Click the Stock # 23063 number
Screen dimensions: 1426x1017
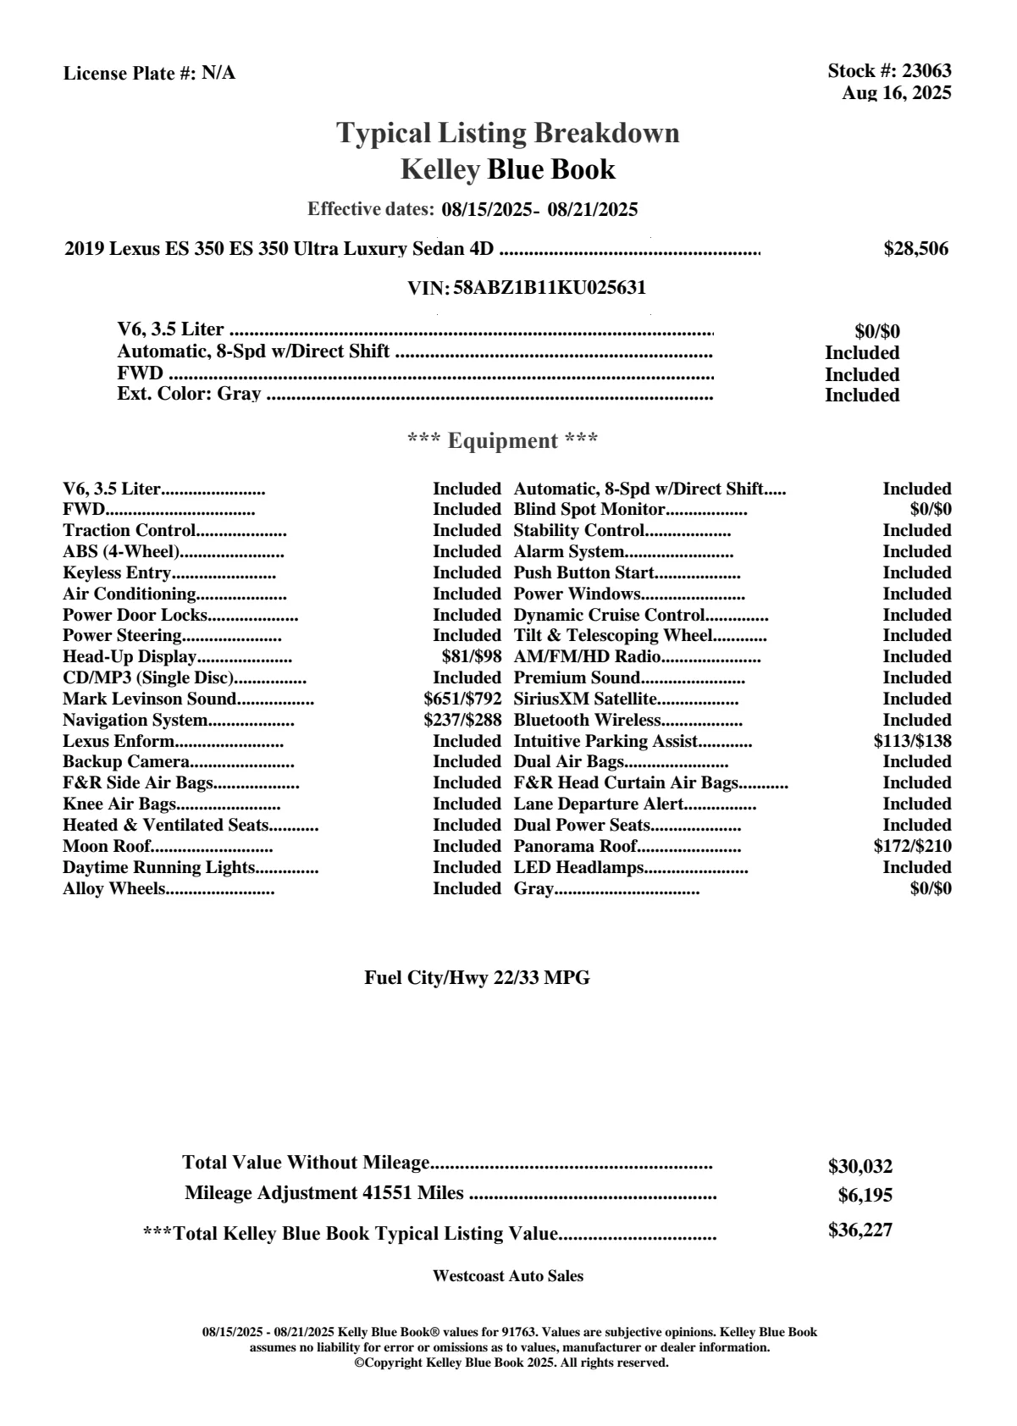[926, 71]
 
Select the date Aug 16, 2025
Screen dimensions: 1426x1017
[896, 93]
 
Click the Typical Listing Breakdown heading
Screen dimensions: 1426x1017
[508, 133]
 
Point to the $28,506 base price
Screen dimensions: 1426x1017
[915, 249]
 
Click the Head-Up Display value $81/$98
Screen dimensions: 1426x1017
[472, 657]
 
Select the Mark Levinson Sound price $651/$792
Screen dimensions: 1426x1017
[462, 699]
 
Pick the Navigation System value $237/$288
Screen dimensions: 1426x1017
[462, 721]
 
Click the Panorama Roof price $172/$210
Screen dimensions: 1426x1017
[912, 846]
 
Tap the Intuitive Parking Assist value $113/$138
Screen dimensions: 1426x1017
[912, 741]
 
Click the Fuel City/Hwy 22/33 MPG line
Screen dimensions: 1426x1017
[477, 978]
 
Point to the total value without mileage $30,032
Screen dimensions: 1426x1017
[859, 1167]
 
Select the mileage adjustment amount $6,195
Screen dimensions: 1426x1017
[865, 1197]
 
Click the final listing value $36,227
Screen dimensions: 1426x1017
[859, 1230]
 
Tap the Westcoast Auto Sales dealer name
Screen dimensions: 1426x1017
[507, 1276]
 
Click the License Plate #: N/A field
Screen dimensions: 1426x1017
[149, 74]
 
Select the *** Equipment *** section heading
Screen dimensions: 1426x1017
[502, 441]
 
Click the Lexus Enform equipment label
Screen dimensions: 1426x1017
[119, 742]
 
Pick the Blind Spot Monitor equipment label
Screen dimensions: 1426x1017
[589, 510]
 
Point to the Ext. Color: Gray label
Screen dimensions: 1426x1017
[189, 395]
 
